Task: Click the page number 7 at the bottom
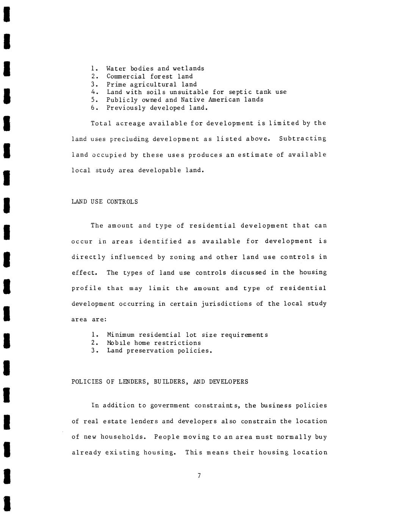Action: [x=199, y=476]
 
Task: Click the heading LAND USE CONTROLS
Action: [x=105, y=202]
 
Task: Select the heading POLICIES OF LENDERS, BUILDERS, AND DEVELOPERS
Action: [x=160, y=382]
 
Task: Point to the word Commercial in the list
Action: [x=126, y=76]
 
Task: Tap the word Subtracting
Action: [x=302, y=139]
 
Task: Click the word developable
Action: [x=160, y=170]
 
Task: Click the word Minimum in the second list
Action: [x=121, y=335]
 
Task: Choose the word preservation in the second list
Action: [x=150, y=350]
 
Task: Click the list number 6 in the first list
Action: [x=93, y=108]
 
